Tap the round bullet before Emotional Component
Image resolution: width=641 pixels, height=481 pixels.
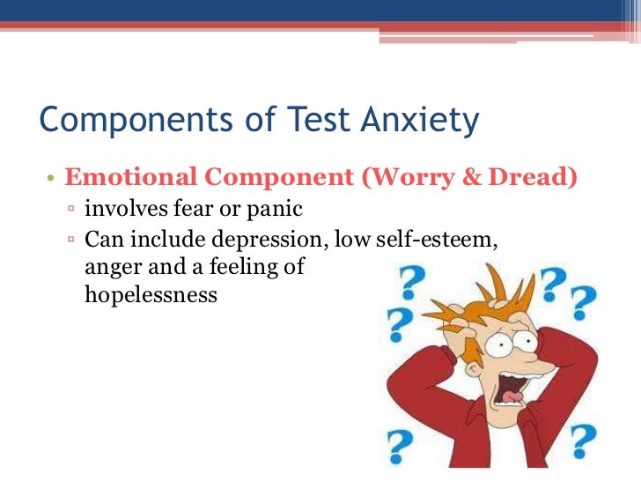51,178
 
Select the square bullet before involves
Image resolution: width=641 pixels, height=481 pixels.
71,211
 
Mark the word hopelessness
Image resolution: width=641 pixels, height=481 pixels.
151,293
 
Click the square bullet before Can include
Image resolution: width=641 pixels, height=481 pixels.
71,240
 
